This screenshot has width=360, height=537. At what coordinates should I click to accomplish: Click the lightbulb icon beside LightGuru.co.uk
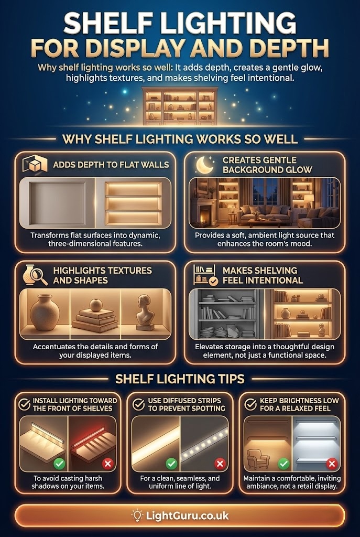pyautogui.click(x=137, y=515)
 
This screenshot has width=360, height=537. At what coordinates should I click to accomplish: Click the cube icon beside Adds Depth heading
pyautogui.click(x=35, y=164)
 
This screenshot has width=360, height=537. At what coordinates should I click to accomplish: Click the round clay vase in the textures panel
pyautogui.click(x=45, y=313)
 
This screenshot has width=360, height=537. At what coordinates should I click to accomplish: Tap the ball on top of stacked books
pyautogui.click(x=95, y=305)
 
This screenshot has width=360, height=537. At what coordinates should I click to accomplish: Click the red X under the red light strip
pyautogui.click(x=108, y=464)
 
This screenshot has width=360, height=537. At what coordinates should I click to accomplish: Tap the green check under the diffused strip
pyautogui.click(x=171, y=464)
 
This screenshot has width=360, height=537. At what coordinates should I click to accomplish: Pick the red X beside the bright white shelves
pyautogui.click(x=332, y=464)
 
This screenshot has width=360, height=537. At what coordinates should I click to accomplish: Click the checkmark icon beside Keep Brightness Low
pyautogui.click(x=250, y=404)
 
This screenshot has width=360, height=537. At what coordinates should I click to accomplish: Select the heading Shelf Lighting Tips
pyautogui.click(x=180, y=379)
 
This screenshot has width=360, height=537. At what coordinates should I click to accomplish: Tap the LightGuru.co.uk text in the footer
pyautogui.click(x=187, y=516)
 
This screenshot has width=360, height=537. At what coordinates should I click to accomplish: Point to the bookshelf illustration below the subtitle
pyautogui.click(x=180, y=106)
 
